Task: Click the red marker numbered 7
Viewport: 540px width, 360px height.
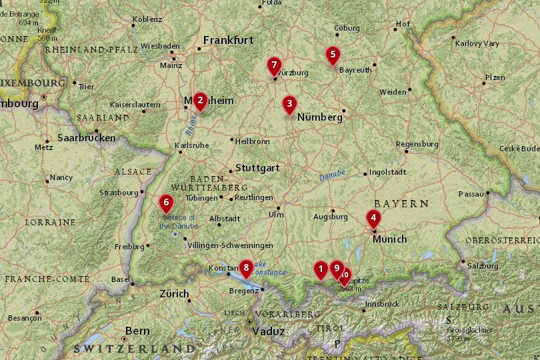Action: [273, 66]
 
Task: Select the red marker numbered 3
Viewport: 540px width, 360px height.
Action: [289, 103]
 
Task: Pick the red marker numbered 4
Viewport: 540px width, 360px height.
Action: [373, 217]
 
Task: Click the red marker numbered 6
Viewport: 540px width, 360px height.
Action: [166, 202]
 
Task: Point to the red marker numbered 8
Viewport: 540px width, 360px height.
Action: [246, 268]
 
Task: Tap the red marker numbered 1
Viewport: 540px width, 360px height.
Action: [321, 269]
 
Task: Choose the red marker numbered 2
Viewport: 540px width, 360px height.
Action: [200, 100]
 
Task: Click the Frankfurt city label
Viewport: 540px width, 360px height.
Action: [228, 40]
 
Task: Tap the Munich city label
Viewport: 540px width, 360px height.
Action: [389, 238]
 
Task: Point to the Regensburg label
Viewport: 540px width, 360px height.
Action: [417, 144]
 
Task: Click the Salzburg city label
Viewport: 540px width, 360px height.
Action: [483, 265]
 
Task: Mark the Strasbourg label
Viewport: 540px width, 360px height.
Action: [117, 193]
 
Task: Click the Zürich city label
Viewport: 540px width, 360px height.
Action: [174, 293]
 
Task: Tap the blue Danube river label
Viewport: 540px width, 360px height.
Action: [332, 175]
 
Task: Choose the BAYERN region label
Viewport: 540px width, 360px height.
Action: [401, 203]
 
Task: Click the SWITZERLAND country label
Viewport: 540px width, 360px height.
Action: [134, 349]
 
